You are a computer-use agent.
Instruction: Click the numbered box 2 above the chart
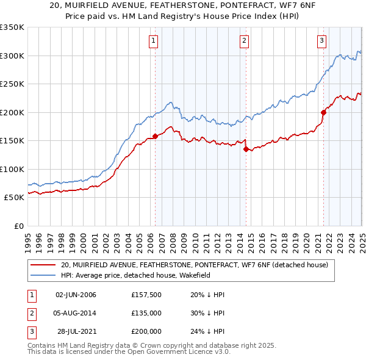pyautogui.click(x=243, y=41)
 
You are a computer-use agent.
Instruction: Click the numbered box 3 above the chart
pyautogui.click(x=321, y=41)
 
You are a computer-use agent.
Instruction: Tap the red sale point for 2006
pyautogui.click(x=155, y=136)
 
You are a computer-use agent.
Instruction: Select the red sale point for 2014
pyautogui.click(x=246, y=149)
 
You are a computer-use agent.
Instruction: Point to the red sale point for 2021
pyautogui.click(x=323, y=112)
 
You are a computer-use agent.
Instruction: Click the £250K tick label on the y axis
pyautogui.click(x=12, y=84)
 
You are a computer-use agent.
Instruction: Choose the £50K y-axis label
pyautogui.click(x=14, y=197)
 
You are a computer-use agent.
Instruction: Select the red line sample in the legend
pyautogui.click(x=42, y=265)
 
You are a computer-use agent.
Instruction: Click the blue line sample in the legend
pyautogui.click(x=42, y=275)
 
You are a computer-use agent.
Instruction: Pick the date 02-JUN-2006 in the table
pyautogui.click(x=76, y=295)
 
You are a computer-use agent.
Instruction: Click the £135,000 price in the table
pyautogui.click(x=146, y=313)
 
